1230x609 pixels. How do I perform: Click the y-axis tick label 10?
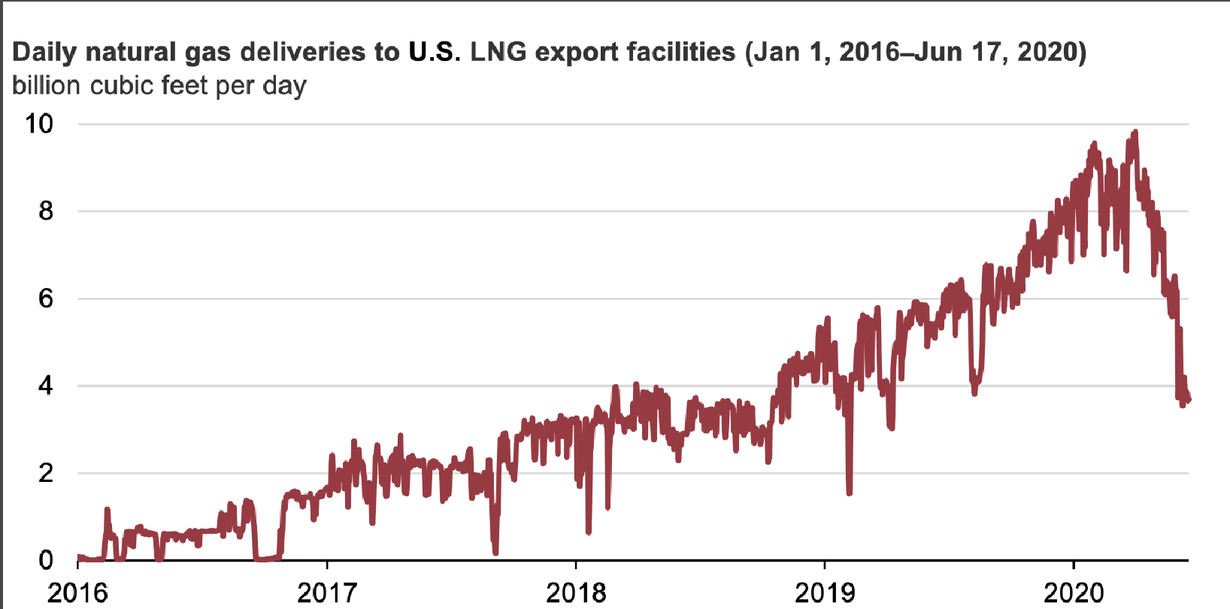(39, 123)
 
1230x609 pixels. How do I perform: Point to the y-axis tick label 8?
(46, 211)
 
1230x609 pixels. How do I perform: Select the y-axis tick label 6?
(46, 298)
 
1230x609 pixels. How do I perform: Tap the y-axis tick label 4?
(46, 386)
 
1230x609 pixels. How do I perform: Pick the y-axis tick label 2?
(46, 473)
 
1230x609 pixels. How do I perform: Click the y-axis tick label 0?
(46, 560)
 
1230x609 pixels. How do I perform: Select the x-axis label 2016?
(77, 592)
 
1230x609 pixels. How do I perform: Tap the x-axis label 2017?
(327, 592)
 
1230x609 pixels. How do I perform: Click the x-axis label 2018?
(576, 592)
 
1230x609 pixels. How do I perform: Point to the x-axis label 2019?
(825, 592)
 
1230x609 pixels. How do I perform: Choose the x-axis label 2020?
(1074, 592)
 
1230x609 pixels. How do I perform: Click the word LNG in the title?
(498, 52)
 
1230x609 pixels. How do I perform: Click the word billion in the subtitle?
(46, 85)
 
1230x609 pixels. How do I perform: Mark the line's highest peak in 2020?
(1135, 133)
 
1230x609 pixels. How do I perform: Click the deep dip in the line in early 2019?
(850, 492)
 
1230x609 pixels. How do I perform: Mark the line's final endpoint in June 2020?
(1188, 399)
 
